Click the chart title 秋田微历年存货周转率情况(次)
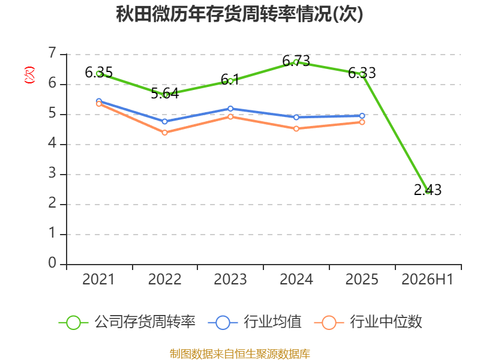coord(239,14)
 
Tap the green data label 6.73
coord(296,61)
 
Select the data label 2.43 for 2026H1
coord(428,190)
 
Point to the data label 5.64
coord(164,94)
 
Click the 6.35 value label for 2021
coord(98,73)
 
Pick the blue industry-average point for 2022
coord(164,122)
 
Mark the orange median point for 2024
coord(296,129)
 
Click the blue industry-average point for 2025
coord(362,116)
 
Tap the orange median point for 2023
coord(230,116)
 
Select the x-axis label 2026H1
coord(427,279)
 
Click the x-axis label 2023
coord(230,279)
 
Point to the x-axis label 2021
coord(98,279)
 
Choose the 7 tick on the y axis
coord(52,53)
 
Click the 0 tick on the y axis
coord(52,263)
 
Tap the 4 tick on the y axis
coord(52,143)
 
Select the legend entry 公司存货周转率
coord(127,322)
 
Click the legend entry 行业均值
coord(254,322)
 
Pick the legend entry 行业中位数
coord(368,322)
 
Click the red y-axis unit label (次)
coord(29,75)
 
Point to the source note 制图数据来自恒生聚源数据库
coord(240,354)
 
